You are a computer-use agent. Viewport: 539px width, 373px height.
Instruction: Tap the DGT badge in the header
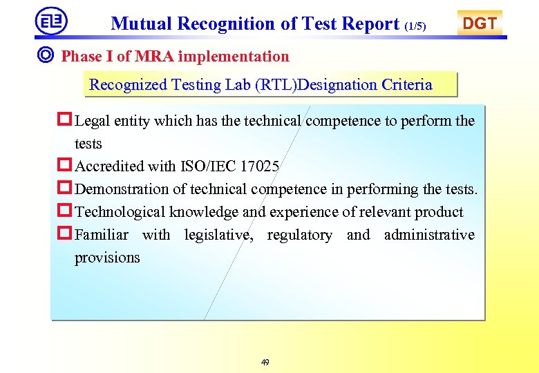click(480, 23)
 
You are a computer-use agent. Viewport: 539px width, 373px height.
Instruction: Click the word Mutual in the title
click(142, 24)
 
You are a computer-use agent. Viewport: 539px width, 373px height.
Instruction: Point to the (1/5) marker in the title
click(415, 26)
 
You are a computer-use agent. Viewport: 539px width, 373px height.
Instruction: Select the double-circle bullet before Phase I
click(48, 56)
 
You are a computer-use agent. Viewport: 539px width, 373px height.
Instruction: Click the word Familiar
click(102, 235)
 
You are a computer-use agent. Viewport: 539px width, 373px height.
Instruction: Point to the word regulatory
click(299, 235)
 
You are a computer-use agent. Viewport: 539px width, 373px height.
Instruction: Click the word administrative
click(429, 235)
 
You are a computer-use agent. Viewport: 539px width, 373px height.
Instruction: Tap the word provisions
click(107, 258)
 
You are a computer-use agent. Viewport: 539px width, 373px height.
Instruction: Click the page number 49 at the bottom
click(265, 363)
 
